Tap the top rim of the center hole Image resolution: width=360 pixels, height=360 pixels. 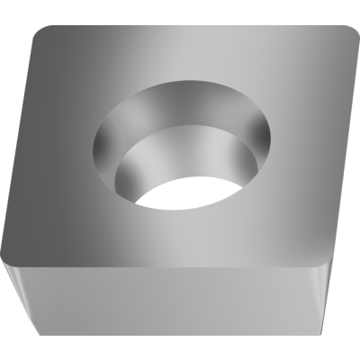[x=180, y=80]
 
